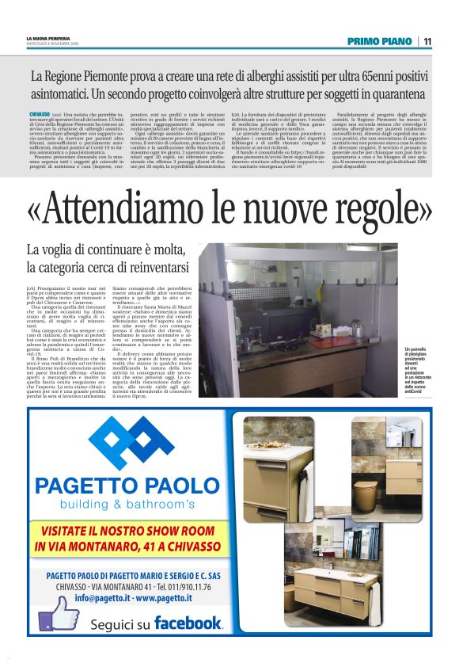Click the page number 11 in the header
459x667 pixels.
pyautogui.click(x=427, y=42)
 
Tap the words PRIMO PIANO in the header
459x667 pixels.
pyautogui.click(x=381, y=42)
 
